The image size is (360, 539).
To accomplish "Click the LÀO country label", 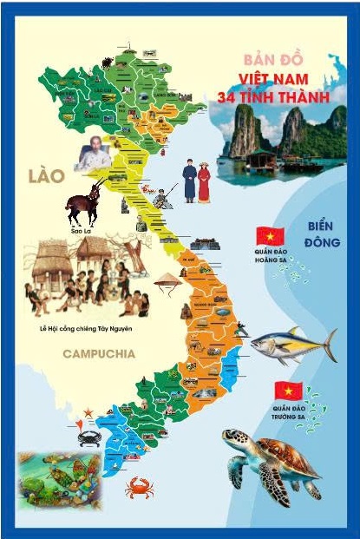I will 45,176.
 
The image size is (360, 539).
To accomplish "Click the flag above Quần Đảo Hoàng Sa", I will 265,235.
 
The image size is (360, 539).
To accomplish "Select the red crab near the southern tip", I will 138,487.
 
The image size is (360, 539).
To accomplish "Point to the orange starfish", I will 87,412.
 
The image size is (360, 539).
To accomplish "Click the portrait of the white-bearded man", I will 94,157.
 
